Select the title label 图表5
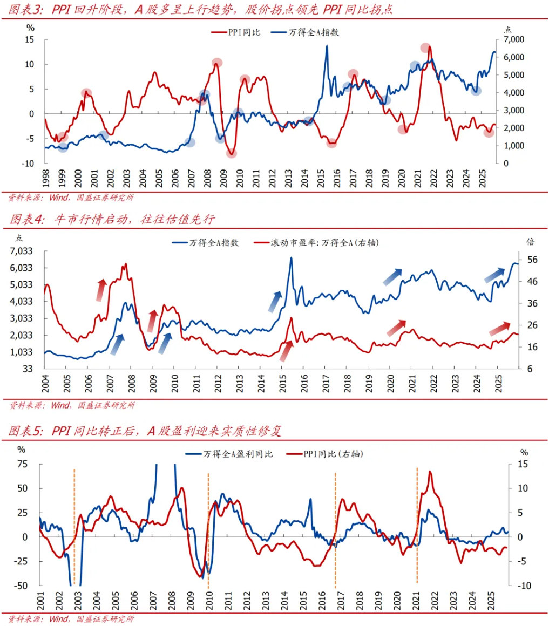25,431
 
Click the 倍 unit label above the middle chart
530,241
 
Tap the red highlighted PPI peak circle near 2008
217,63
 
